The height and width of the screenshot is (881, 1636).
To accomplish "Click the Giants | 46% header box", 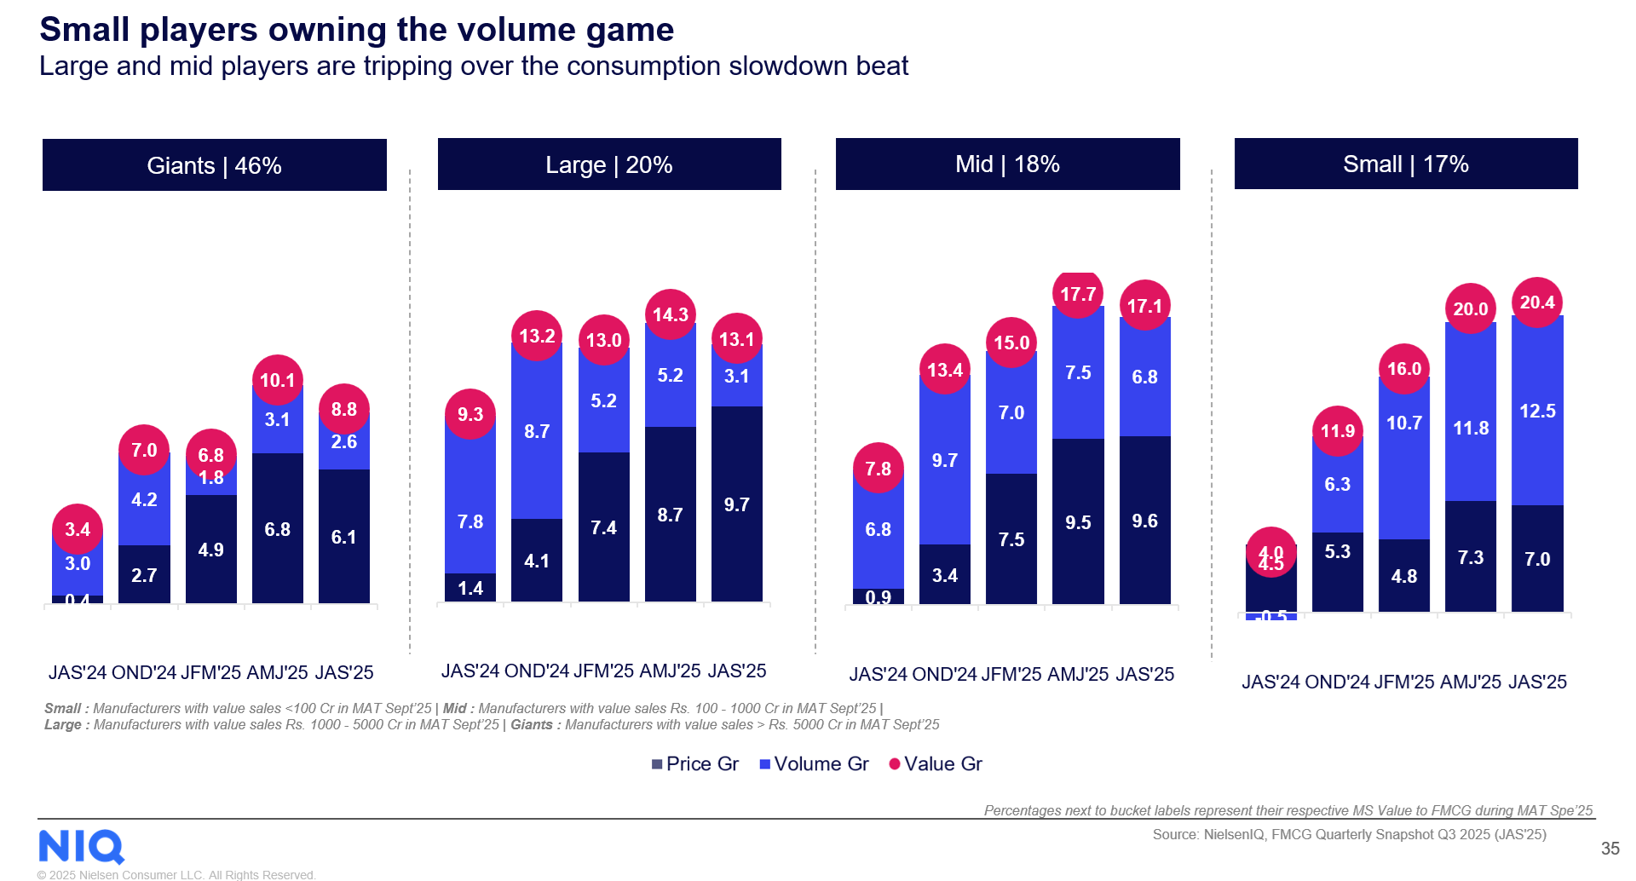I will point(214,165).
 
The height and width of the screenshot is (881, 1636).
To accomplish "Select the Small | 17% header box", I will point(1406,164).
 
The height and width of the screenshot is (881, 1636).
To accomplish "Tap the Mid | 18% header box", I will point(1007,164).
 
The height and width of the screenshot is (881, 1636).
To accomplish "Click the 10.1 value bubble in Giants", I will point(277,380).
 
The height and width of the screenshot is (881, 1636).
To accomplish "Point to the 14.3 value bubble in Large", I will point(671,314).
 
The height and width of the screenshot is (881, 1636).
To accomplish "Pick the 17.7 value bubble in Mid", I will point(1078,295).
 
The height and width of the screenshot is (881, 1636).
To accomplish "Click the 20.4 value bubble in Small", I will point(1537,302).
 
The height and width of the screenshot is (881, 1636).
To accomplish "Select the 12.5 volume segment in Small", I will point(1537,412).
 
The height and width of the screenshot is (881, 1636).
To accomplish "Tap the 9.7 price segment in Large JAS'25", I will point(737,504).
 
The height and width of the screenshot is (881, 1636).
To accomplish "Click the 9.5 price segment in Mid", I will point(1078,522).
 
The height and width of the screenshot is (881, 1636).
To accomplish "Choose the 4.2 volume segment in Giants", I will point(144,500).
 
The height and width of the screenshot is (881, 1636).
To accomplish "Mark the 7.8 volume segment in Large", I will point(470,521).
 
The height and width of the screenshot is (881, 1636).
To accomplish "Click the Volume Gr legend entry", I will point(814,764).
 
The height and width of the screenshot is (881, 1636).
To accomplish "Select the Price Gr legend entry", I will point(695,764).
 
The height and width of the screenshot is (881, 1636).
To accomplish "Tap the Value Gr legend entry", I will point(936,764).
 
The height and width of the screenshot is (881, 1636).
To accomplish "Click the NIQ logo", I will point(82,847).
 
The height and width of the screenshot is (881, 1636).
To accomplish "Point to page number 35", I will point(1610,849).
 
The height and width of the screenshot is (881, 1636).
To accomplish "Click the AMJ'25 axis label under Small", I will point(1471,682).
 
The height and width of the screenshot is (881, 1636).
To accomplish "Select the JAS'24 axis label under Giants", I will point(78,673).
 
